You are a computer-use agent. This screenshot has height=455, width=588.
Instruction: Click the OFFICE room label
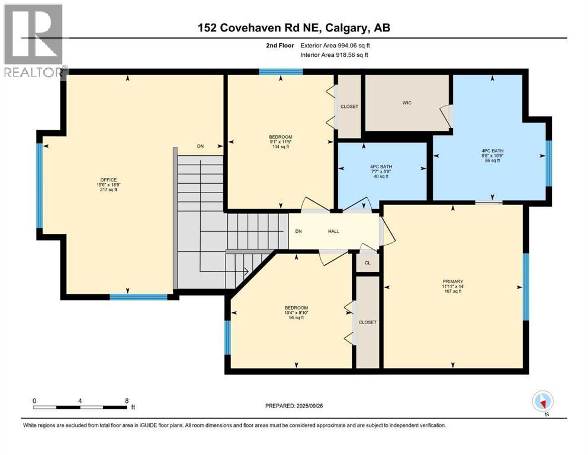tap(108, 180)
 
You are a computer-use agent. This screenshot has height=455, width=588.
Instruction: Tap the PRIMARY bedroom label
tap(452, 281)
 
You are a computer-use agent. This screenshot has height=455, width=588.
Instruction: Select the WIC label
tap(407, 103)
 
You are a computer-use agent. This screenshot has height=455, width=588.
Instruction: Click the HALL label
tap(333, 231)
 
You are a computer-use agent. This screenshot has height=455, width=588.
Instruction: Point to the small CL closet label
tap(367, 262)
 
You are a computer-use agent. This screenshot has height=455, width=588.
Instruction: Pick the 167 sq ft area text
tap(452, 291)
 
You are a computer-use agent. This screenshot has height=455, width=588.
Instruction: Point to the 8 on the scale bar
tap(127, 400)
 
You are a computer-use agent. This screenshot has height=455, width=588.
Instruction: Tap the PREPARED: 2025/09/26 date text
tap(297, 406)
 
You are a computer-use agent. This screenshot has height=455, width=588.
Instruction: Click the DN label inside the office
tap(200, 146)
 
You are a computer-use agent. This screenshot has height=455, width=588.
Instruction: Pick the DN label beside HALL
tap(299, 231)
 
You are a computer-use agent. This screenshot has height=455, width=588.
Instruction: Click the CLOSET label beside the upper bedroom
tap(349, 107)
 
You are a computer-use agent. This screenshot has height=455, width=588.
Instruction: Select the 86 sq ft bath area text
tap(492, 161)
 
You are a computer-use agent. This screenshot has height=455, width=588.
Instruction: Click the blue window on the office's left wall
tap(40, 185)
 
